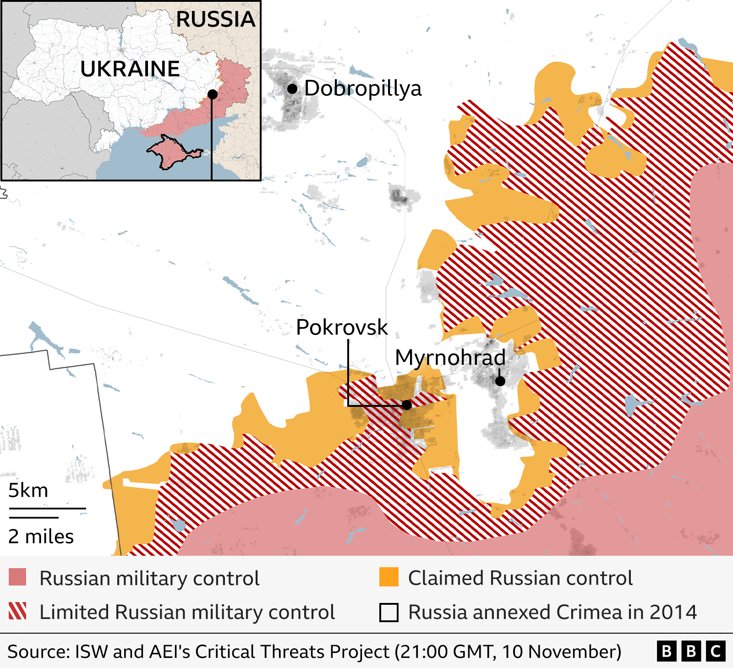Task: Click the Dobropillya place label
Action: pyautogui.click(x=362, y=88)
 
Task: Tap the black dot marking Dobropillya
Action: pyautogui.click(x=292, y=88)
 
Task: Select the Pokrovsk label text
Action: pyautogui.click(x=342, y=327)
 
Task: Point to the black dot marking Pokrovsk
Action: pyautogui.click(x=407, y=405)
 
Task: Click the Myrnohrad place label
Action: pyautogui.click(x=450, y=357)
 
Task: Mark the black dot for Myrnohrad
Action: pyautogui.click(x=500, y=381)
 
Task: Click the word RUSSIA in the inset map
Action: pyautogui.click(x=215, y=19)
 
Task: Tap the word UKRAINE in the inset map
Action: pyautogui.click(x=130, y=69)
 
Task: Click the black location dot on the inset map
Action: pyautogui.click(x=212, y=94)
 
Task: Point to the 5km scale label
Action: pyautogui.click(x=28, y=490)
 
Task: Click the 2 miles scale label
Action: pyautogui.click(x=41, y=537)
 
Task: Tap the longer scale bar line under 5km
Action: pyautogui.click(x=47, y=508)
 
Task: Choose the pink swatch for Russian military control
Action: pyautogui.click(x=17, y=577)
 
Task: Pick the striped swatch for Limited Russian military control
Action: pyautogui.click(x=17, y=612)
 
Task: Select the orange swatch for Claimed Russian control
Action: pyautogui.click(x=388, y=577)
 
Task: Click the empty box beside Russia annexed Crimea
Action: pyautogui.click(x=388, y=613)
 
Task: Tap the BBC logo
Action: pyautogui.click(x=691, y=652)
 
